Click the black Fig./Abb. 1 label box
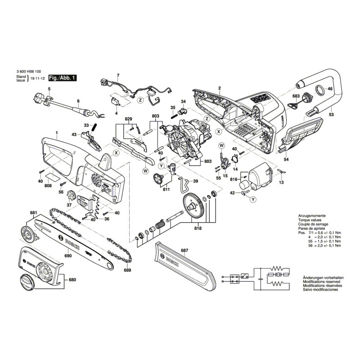tap(62, 77)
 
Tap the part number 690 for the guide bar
tap(68, 256)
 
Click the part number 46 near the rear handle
tap(330, 89)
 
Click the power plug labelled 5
tap(40, 99)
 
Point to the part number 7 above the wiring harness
tap(118, 75)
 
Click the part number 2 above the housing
tap(219, 88)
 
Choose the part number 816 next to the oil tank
tap(234, 179)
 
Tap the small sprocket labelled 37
tap(70, 197)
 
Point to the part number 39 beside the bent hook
tap(195, 181)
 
